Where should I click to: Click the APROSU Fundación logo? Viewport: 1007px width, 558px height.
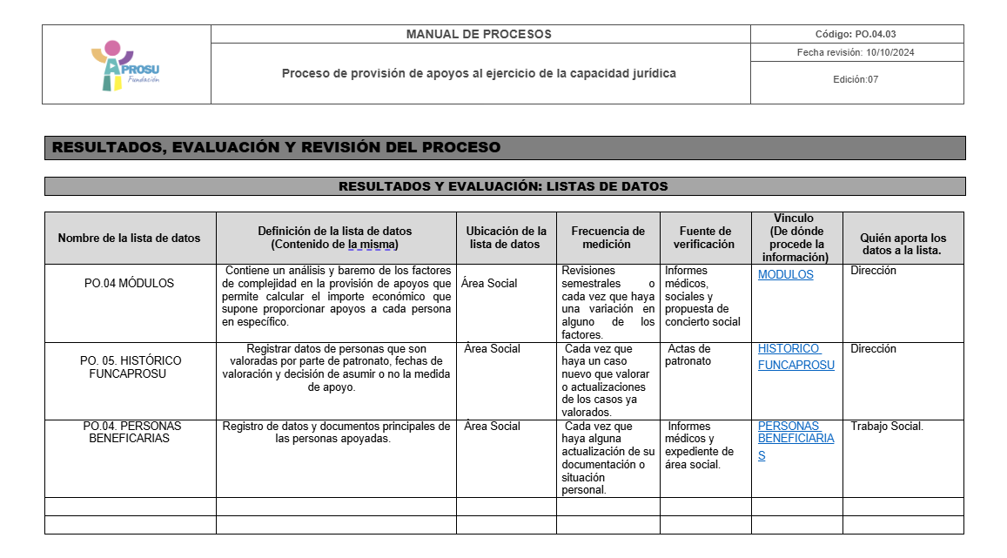[125, 65]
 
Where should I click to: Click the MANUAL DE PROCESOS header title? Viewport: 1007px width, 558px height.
[479, 35]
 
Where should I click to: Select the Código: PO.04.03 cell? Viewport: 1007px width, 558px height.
[856, 35]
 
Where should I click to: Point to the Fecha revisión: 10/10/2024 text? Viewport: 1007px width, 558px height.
[856, 52]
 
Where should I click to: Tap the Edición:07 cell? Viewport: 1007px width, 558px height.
[856, 79]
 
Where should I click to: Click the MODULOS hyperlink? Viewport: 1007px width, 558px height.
[785, 275]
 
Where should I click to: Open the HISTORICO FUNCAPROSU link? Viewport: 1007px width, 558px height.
[796, 357]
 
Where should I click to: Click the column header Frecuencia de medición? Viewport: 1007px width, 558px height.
[608, 238]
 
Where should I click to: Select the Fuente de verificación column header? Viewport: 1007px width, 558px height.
[705, 238]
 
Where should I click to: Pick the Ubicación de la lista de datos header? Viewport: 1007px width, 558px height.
[506, 238]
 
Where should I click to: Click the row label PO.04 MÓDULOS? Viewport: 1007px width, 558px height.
[130, 283]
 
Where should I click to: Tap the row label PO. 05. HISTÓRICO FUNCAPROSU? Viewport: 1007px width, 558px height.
[130, 366]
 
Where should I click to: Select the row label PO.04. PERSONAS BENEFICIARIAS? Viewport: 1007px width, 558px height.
[130, 432]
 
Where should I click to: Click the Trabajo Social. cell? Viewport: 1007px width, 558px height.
[886, 427]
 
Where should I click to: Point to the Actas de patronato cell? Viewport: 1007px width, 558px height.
[689, 355]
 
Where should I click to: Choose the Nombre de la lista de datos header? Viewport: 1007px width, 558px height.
[130, 238]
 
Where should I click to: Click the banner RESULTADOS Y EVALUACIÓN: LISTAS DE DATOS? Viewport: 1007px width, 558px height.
[503, 186]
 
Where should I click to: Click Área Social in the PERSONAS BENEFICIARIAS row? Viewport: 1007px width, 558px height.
[492, 427]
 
